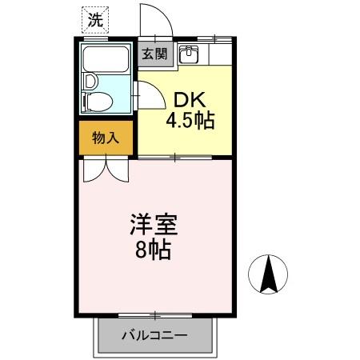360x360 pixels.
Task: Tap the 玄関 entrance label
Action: coord(155,54)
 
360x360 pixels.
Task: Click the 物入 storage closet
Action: coord(106,138)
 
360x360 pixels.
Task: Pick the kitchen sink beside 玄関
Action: coord(190,54)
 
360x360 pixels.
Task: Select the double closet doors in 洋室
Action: coord(106,170)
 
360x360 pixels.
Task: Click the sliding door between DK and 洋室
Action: coord(175,157)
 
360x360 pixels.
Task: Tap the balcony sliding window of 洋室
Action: coord(157,314)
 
